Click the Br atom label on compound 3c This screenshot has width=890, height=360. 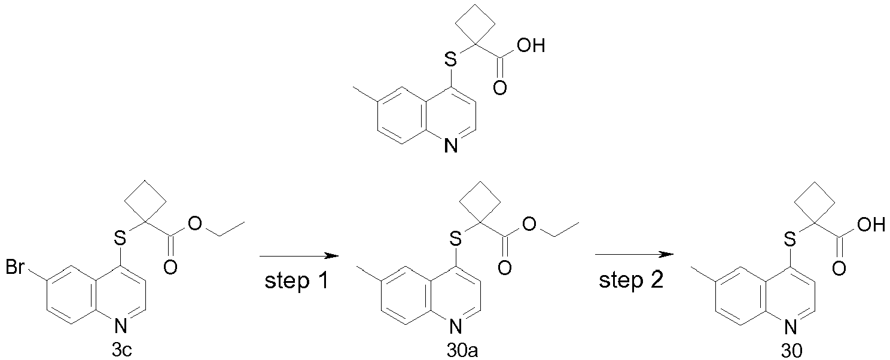pos(15,267)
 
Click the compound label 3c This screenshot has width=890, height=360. pos(121,350)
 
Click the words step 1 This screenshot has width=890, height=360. pos(297,281)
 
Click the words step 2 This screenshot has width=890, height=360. pos(632,281)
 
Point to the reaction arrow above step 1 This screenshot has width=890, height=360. pos(299,257)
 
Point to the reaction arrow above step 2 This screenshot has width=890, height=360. pos(634,254)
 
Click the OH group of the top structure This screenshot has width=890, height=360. pos(531,46)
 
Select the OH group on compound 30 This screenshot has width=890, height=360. pos(871,225)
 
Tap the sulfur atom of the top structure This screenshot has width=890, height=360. pos(450,60)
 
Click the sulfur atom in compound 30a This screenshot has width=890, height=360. pos(456,239)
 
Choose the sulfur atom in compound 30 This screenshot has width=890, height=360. pos(790,239)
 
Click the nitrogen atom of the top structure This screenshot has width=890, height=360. pos(450,145)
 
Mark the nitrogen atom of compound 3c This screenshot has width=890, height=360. pos(120,327)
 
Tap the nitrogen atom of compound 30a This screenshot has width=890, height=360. pos(456,327)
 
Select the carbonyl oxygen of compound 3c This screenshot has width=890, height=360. pos(170,267)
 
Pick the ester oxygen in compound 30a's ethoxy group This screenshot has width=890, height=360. pos(529,224)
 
